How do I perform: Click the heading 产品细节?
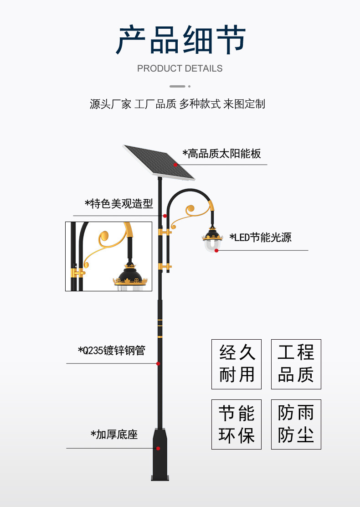180,40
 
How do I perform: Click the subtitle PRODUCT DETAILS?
180,68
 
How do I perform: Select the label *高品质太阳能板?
222,154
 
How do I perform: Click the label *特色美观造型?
119,203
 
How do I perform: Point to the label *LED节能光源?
260,238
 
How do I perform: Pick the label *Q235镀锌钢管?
112,351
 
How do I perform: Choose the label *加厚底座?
114,435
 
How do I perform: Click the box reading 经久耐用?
237,364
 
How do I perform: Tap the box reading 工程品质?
296,364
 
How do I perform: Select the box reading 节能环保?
237,424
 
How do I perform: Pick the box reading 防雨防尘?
296,424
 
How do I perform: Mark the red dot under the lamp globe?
216,250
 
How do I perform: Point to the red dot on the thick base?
158,448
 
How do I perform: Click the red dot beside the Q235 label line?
158,363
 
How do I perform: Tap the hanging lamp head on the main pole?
212,239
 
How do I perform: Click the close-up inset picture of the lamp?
108,256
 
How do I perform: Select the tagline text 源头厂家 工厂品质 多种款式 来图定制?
177,104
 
